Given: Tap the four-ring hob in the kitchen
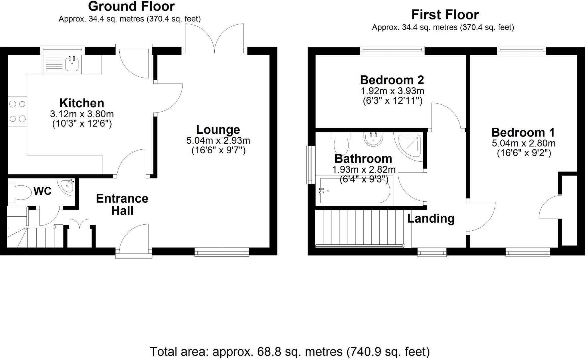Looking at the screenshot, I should (x=17, y=111).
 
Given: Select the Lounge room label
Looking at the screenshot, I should (x=218, y=130).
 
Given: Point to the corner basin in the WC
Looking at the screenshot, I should (x=68, y=186).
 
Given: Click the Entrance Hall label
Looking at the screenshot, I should (x=122, y=204).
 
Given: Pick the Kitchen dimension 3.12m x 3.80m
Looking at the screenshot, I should (x=82, y=114).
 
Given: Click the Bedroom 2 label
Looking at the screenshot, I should (x=392, y=80).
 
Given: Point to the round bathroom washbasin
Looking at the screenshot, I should (x=373, y=139).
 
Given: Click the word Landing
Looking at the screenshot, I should (x=431, y=218).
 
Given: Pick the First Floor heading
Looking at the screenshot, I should (x=445, y=15).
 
